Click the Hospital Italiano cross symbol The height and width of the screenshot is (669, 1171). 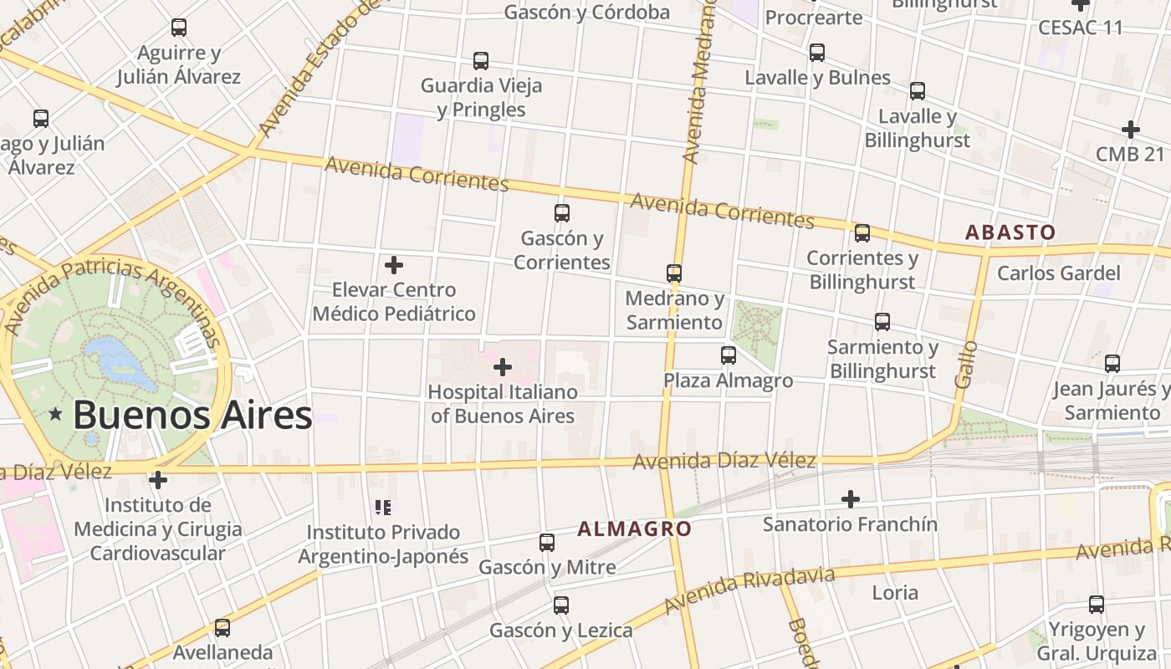[503, 367]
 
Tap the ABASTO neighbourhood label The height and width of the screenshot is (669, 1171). [1010, 232]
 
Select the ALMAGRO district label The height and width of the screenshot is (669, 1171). [634, 529]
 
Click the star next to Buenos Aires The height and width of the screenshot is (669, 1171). [56, 414]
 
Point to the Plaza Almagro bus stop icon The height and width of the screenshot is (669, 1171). [729, 355]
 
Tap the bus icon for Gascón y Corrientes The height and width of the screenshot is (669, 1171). [562, 213]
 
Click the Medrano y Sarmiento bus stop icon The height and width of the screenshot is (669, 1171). [674, 273]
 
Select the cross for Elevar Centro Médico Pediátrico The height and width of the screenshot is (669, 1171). [394, 266]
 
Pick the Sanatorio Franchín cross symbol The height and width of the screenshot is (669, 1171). [851, 499]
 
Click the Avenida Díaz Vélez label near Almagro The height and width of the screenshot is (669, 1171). [724, 461]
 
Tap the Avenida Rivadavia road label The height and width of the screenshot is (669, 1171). [749, 590]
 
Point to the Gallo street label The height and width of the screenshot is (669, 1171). [965, 364]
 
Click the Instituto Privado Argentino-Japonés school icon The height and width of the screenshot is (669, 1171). [383, 507]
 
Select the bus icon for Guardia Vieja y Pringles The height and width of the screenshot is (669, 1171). [481, 61]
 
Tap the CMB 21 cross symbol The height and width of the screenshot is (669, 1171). [1131, 130]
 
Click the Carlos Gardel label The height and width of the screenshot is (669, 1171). [1058, 273]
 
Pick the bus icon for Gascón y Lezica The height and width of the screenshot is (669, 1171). [561, 605]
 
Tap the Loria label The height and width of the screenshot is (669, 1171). [895, 593]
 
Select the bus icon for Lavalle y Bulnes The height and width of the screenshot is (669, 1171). [817, 53]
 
